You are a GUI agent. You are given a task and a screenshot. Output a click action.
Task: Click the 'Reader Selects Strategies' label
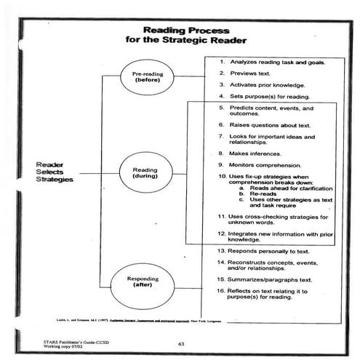(x=55, y=174)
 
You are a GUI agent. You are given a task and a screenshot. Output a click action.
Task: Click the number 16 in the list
(x=222, y=290)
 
